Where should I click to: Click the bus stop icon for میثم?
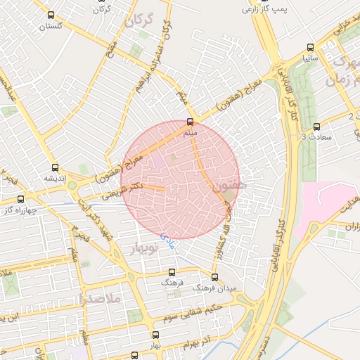[x=189, y=122]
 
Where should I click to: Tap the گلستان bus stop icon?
[x=50, y=15]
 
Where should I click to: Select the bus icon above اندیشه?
[x=55, y=167]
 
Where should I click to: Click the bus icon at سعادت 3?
[x=316, y=127]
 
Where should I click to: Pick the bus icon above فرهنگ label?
[x=172, y=272]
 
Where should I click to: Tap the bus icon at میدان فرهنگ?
[x=214, y=276]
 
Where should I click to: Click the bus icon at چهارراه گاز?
[x=20, y=199]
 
